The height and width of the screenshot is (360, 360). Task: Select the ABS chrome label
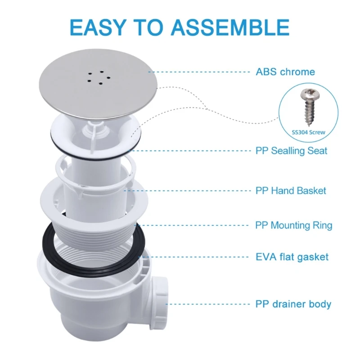285,72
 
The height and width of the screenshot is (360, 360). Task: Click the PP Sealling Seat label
291,151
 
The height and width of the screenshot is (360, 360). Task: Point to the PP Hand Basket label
291,190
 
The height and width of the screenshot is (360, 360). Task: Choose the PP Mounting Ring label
293,225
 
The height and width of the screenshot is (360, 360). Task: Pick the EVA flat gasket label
292,257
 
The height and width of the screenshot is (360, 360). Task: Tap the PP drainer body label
293,304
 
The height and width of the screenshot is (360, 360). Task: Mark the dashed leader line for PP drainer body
207,304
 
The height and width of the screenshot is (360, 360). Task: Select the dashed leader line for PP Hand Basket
189,190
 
